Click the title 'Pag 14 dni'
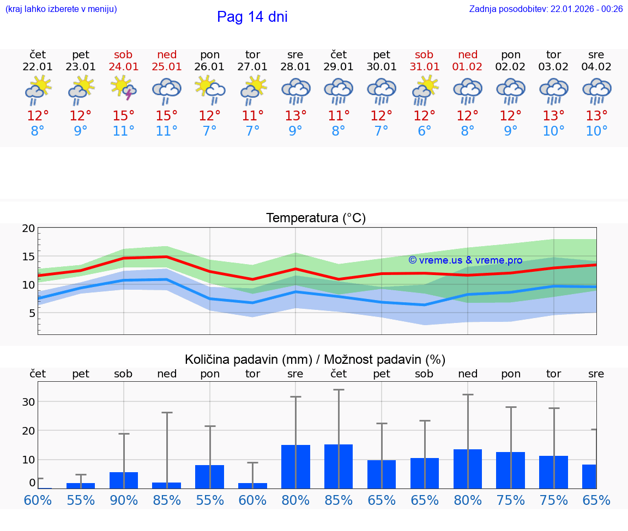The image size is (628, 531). coord(252,17)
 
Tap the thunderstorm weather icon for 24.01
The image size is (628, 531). coord(124,89)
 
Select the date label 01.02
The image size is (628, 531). coord(467,66)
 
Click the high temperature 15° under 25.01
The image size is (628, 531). coord(167,115)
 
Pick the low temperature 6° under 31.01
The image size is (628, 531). coord(424,131)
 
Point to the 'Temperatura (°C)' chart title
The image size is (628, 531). coord(316,218)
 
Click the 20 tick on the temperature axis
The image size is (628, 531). coord(28,229)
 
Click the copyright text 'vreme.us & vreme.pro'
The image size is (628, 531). coord(466,260)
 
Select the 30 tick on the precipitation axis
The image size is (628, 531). coord(28,402)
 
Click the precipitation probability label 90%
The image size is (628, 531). coord(124,500)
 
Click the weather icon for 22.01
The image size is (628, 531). coord(38,90)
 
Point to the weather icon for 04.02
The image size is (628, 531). coord(596,90)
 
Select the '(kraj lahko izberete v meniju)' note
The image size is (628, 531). coord(61,9)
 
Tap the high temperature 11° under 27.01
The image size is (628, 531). coord(252,115)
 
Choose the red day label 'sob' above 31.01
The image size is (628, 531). coord(424,54)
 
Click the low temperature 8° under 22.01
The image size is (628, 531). coord(38,131)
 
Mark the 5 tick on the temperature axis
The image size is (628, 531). coord(32,313)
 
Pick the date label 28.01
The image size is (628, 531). coord(295,66)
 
